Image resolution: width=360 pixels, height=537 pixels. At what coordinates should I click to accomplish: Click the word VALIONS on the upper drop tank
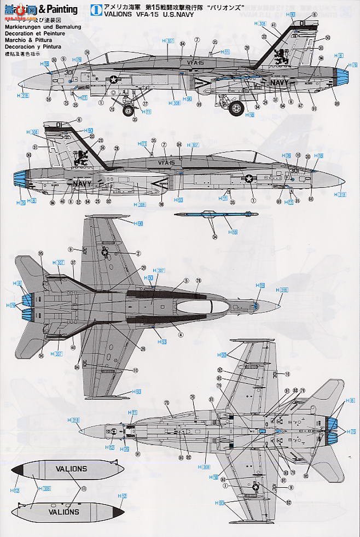[x=71, y=469]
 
